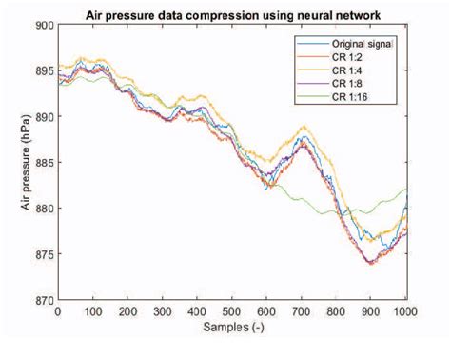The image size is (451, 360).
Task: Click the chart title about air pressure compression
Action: (232, 13)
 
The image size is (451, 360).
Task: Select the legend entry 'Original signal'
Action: (367, 44)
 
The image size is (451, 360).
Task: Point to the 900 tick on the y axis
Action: (42, 25)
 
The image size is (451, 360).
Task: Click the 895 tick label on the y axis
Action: (42, 70)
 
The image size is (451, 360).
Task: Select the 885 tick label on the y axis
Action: (42, 162)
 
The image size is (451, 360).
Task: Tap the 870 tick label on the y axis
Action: (42, 299)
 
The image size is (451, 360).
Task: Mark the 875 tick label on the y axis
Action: (42, 253)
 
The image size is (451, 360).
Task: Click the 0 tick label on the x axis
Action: (57, 310)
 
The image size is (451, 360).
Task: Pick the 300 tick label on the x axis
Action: (162, 310)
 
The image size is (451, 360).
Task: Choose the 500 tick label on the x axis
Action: (232, 310)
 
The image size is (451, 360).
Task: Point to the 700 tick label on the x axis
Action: (303, 310)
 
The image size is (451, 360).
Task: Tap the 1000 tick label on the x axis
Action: (406, 310)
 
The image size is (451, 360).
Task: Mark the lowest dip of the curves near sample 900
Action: (370, 263)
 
